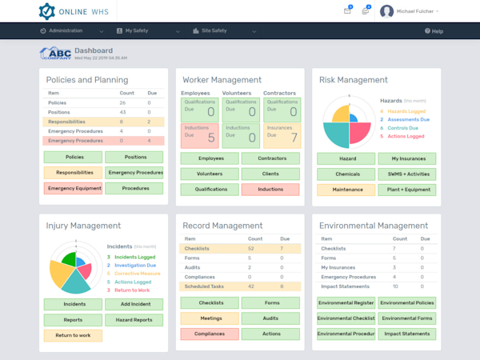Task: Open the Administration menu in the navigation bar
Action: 68,30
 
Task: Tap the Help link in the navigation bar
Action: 434,31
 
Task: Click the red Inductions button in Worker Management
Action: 270,190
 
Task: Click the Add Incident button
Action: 134,305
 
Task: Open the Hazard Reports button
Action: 134,320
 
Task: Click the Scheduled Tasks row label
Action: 203,286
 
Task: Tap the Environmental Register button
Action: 346,303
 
